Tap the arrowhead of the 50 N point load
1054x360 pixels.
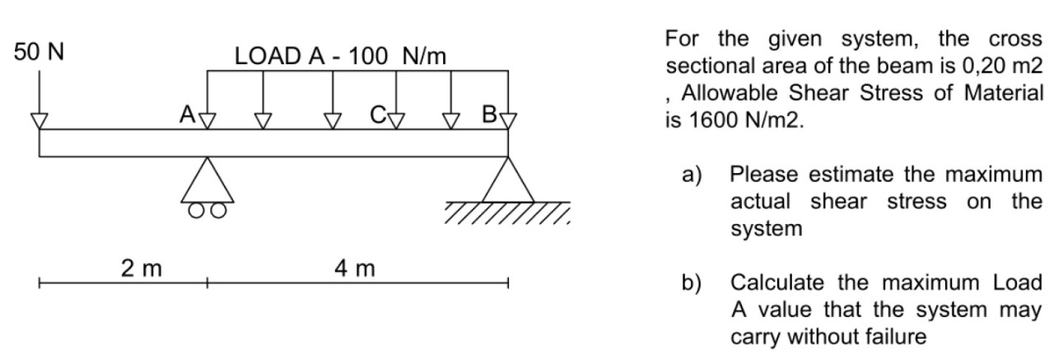(39, 121)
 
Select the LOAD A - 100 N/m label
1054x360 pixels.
(340, 56)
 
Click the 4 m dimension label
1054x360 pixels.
(357, 268)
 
